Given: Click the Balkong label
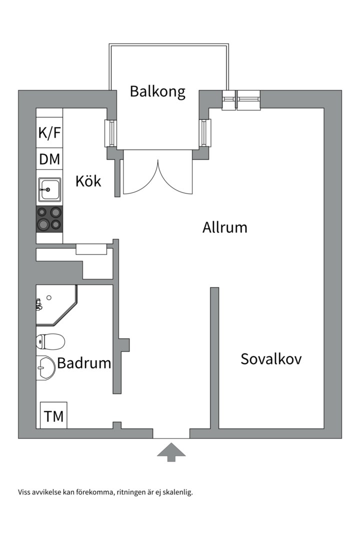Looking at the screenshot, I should click(x=157, y=91).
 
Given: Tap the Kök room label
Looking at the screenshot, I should click(x=88, y=180).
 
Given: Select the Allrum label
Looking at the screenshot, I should click(x=224, y=227).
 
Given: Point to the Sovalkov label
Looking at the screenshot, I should click(x=271, y=359).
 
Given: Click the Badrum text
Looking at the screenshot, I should click(x=84, y=363).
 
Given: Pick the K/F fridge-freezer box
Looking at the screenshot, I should click(x=49, y=133).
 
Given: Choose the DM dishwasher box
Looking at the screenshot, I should click(x=49, y=160).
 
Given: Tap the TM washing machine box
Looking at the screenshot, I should click(x=53, y=416).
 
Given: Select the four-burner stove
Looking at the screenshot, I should click(x=49, y=219).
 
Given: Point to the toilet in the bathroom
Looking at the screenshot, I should click(x=50, y=342).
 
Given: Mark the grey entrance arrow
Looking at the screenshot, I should click(x=171, y=452).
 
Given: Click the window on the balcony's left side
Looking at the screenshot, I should click(x=110, y=133).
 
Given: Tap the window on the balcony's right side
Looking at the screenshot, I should click(x=205, y=133).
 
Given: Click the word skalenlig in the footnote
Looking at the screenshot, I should click(x=175, y=492).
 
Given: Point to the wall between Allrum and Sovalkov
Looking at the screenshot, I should click(x=214, y=357).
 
